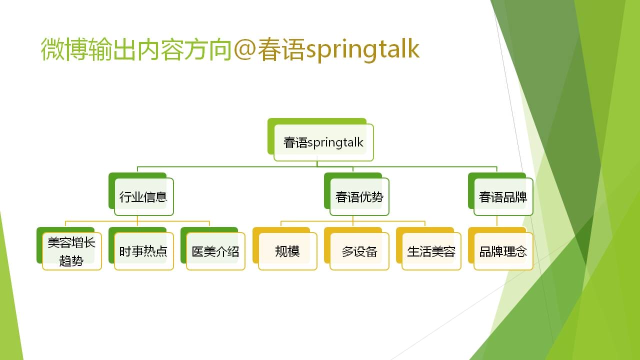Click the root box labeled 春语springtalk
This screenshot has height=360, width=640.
coord(320,139)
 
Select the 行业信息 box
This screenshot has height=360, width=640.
coord(141,194)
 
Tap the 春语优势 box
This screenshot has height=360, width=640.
coord(356,194)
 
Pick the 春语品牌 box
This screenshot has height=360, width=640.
coord(500,194)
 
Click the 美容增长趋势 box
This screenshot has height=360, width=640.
coord(69,248)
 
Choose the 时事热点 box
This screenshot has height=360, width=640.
coord(141,248)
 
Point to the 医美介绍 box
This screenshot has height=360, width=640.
coord(213,248)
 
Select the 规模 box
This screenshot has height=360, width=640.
coord(285,248)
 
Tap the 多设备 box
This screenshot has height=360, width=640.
coord(356,248)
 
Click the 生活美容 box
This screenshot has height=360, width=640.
coord(428,248)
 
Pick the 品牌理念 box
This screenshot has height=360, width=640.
coord(500,248)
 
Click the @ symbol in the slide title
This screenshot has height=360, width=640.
coord(244,49)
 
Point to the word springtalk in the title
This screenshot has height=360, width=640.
coord(362,49)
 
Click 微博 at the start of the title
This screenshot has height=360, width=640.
coord(64,49)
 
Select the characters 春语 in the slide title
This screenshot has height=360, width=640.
coord(281,49)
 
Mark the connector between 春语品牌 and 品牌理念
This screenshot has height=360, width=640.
coord(497,221)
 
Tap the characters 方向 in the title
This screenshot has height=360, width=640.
coord(207,49)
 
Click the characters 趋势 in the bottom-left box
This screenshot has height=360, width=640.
coord(71,260)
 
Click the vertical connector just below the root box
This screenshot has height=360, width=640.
coord(317,164)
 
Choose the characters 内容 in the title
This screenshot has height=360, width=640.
coord(160,49)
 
